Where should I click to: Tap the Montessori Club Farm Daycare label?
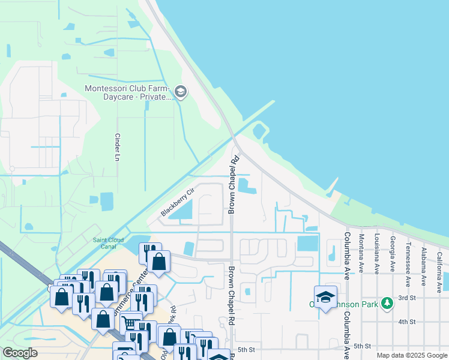tap(127, 92)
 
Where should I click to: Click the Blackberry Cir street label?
tap(178, 202)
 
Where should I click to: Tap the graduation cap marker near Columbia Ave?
tap(325, 297)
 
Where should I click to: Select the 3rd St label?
tap(407, 298)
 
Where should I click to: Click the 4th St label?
tap(407, 322)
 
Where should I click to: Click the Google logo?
tap(20, 353)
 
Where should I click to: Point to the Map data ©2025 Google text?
tap(412, 355)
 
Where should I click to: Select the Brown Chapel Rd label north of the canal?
tap(233, 184)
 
